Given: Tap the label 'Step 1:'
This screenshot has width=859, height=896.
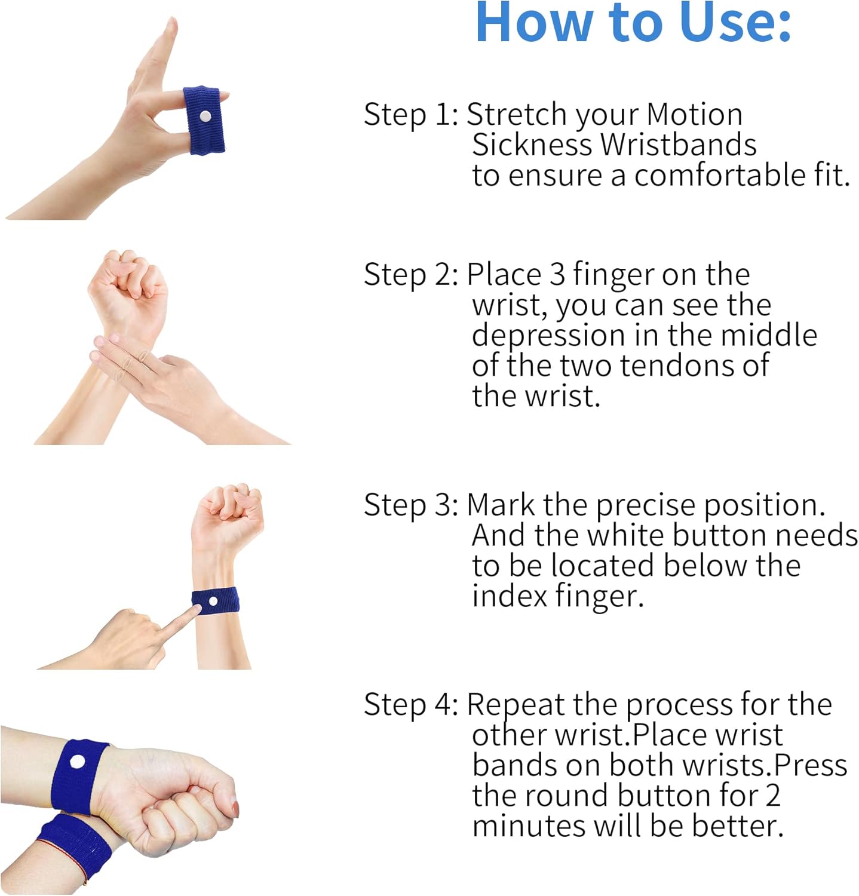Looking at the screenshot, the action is [x=411, y=114].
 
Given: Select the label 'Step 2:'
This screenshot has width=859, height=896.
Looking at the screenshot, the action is [x=411, y=275].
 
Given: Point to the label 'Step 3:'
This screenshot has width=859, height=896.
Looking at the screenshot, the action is [x=411, y=505].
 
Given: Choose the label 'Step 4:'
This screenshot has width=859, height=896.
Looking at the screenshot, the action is [x=411, y=704].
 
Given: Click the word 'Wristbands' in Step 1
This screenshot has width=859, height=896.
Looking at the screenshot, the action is [x=679, y=145].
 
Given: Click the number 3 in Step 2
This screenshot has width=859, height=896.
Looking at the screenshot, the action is [x=557, y=275].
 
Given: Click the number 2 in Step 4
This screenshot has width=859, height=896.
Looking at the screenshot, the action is [x=772, y=796].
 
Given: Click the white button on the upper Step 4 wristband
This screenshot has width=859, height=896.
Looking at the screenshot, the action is [x=78, y=762].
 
